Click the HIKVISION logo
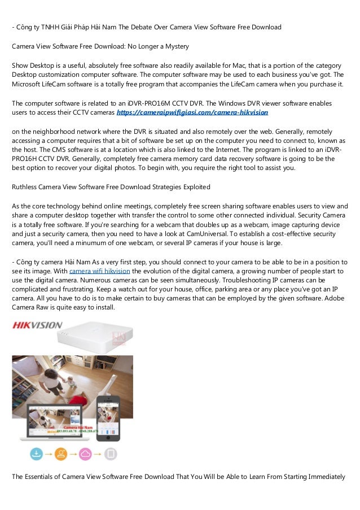coord(37,325)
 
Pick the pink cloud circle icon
coord(85,454)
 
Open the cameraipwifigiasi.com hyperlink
coord(192,113)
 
